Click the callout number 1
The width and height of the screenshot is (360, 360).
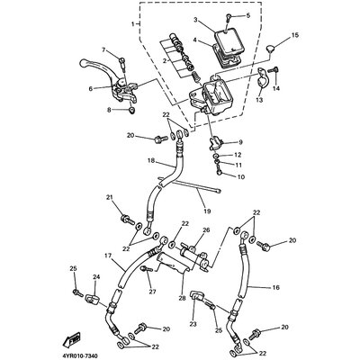pyautogui.click(x=133, y=23)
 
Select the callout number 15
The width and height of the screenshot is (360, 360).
pyautogui.click(x=295, y=35)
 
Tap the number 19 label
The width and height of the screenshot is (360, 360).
pyautogui.click(x=207, y=211)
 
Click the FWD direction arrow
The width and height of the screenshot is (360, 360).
pyautogui.click(x=71, y=338)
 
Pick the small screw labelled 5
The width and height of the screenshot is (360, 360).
pyautogui.click(x=229, y=17)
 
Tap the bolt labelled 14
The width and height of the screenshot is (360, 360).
pyautogui.click(x=273, y=70)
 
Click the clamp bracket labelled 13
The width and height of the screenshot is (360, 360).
pyautogui.click(x=263, y=78)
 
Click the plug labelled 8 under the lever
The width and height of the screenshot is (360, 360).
pyautogui.click(x=131, y=111)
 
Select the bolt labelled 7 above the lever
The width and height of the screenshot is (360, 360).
pyautogui.click(x=121, y=61)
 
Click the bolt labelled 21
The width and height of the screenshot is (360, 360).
pyautogui.click(x=127, y=220)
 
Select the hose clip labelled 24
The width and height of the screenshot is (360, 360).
pyautogui.click(x=92, y=299)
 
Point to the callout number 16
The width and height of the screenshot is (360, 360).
pyautogui.click(x=275, y=288)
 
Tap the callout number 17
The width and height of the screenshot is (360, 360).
pyautogui.click(x=108, y=256)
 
